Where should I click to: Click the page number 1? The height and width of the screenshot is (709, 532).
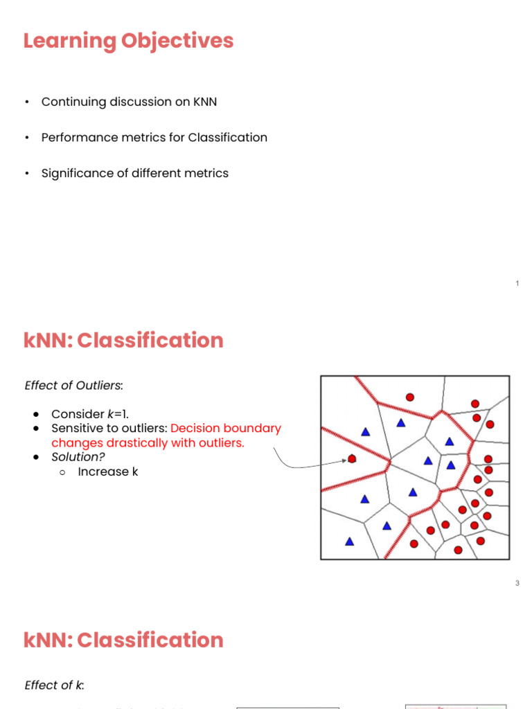(517, 284)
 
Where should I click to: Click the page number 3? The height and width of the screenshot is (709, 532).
(517, 584)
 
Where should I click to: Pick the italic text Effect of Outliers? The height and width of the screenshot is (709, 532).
(73, 386)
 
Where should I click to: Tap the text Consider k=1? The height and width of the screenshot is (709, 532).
(90, 414)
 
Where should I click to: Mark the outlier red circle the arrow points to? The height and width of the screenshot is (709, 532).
(352, 458)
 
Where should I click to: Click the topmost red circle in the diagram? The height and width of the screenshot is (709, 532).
(410, 397)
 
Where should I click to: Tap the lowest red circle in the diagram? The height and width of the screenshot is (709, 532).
(458, 550)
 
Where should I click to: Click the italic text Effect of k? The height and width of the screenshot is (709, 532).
(54, 685)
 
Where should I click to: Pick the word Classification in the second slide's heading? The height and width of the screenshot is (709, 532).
(150, 341)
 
